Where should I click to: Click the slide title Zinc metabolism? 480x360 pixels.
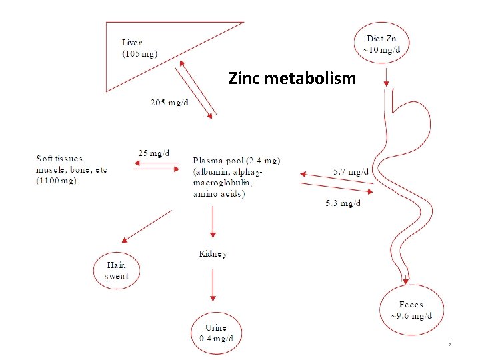click(292, 79)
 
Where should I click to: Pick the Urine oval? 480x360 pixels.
click(216, 332)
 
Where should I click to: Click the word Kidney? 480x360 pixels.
click(213, 254)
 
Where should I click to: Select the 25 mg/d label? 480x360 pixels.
click(153, 153)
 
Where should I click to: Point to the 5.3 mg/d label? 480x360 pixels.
click(343, 203)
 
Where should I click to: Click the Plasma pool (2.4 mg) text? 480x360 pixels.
click(236, 160)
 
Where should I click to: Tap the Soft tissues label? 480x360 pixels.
click(61, 158)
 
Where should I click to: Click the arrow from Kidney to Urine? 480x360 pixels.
click(213, 287)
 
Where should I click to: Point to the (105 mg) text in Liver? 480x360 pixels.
click(140, 54)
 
